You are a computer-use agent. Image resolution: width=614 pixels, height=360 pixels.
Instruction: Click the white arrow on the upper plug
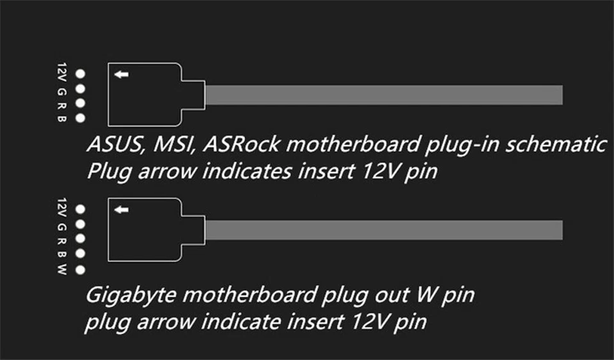(x=122, y=75)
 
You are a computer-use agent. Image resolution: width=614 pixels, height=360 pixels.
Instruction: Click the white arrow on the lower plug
(x=122, y=210)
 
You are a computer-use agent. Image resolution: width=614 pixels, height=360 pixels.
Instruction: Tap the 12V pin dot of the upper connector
(x=81, y=74)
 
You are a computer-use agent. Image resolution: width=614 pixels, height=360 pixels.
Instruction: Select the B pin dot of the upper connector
(x=81, y=118)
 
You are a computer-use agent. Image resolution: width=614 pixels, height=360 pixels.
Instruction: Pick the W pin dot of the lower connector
(x=81, y=270)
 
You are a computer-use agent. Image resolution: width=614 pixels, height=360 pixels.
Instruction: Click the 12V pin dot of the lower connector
(x=81, y=209)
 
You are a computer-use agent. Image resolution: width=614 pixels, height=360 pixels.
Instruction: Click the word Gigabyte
(x=125, y=295)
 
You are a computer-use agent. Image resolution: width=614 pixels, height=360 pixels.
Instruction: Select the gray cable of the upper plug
(x=384, y=95)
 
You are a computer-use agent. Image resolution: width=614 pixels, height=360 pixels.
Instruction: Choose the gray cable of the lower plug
(x=384, y=230)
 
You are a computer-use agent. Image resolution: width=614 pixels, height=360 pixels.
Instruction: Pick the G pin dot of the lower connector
(x=81, y=224)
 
